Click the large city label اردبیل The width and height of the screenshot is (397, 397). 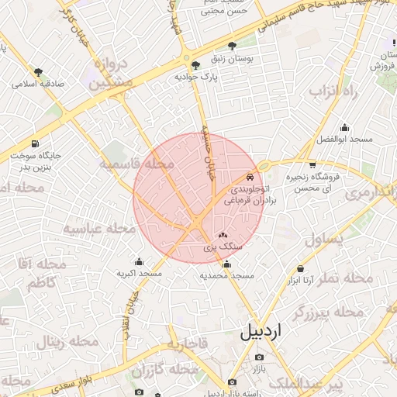[262, 332]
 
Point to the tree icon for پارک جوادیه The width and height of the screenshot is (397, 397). [195, 65]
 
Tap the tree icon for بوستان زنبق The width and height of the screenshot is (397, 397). [233, 47]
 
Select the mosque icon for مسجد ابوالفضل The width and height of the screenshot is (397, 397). [344, 127]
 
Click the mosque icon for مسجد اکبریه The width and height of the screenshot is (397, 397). [140, 262]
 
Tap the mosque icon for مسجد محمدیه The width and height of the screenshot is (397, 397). [226, 264]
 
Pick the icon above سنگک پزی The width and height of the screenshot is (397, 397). [223, 234]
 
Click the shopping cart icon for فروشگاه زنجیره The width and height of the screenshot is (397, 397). [312, 164]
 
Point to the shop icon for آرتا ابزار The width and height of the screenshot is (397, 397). [299, 268]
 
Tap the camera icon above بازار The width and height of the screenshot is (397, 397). [259, 357]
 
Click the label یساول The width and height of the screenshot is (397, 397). [323, 239]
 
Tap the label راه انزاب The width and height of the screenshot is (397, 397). [332, 91]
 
